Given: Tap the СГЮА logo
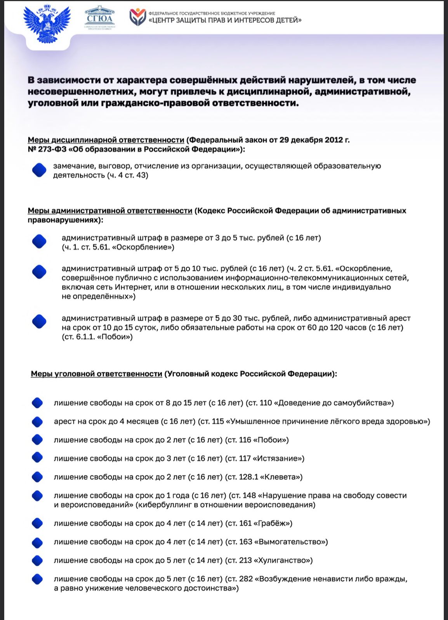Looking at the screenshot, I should point(100,18).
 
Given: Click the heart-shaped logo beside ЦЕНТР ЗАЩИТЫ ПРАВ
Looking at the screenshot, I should point(137,17).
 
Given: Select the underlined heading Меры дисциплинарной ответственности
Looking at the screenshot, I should point(106,140).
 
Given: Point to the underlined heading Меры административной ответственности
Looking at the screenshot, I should point(110,211).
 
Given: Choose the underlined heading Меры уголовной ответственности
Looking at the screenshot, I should point(96,374).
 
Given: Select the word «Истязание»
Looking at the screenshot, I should point(278,458).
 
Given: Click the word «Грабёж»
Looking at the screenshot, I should point(273,524).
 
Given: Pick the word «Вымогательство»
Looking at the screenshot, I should point(291,542).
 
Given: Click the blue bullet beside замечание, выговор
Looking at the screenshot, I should point(39,170).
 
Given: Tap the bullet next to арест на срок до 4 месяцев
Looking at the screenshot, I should point(37,422).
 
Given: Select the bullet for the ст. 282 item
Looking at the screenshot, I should point(37,579).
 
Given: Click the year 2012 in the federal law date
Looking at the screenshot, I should point(333,140).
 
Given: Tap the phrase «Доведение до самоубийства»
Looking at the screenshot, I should point(334,403).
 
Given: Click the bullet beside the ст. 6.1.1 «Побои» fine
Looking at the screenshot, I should point(39,321).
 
